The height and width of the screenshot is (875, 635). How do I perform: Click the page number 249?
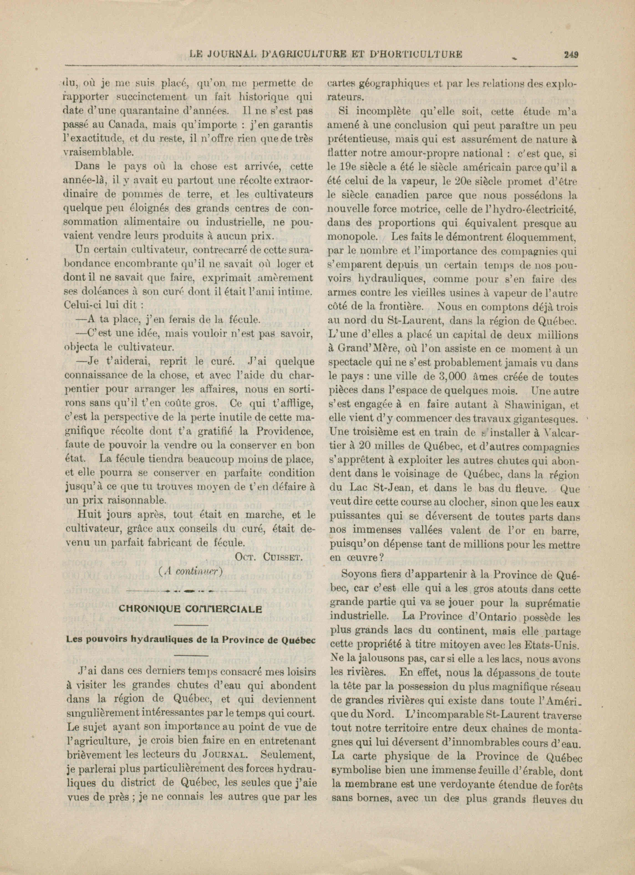571,54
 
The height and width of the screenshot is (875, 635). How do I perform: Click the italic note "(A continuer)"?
190,571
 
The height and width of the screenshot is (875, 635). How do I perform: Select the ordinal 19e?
349,168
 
